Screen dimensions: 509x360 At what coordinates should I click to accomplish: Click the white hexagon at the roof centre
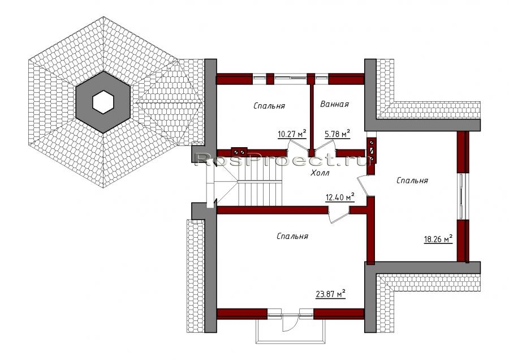click(x=103, y=102)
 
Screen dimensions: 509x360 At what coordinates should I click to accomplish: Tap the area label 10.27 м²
click(x=292, y=134)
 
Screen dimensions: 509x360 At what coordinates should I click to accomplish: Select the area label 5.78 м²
click(x=337, y=134)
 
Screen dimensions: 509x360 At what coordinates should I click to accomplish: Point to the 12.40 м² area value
click(x=340, y=197)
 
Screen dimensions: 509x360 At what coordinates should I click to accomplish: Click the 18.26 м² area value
click(x=438, y=239)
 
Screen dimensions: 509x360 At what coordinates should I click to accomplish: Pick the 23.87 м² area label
click(x=330, y=294)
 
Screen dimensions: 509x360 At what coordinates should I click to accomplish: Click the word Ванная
click(x=334, y=104)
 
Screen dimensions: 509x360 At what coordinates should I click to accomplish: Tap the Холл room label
click(x=320, y=173)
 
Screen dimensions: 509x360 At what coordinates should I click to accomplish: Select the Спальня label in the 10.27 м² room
click(x=269, y=106)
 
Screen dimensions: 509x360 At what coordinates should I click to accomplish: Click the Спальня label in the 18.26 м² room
click(x=412, y=181)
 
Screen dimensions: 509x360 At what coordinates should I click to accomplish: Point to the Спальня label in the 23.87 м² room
click(x=292, y=236)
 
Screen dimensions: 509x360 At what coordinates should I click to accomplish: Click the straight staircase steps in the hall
click(x=260, y=194)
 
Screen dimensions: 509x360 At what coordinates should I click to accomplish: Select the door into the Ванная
click(x=325, y=145)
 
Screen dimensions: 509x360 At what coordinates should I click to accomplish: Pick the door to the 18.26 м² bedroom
click(x=363, y=186)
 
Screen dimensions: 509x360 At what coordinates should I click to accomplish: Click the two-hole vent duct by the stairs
click(x=239, y=152)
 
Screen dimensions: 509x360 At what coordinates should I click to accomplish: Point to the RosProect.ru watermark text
click(x=282, y=160)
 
